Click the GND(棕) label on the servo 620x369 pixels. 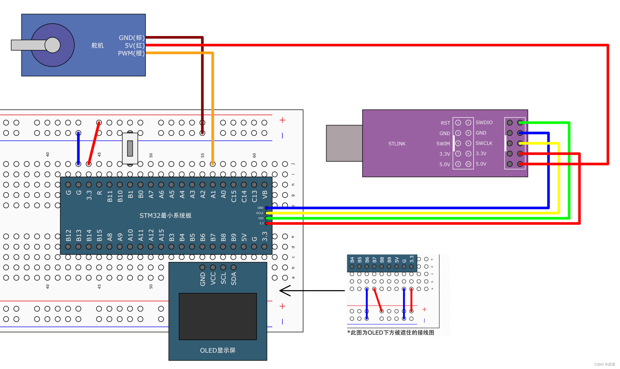tap(131, 38)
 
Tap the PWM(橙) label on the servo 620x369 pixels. tap(131, 53)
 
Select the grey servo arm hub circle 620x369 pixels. tap(52, 45)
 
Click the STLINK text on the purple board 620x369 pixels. tap(397, 144)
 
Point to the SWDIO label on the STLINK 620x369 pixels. tap(484, 123)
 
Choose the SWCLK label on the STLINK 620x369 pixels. tap(484, 143)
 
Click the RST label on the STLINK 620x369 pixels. tap(445, 123)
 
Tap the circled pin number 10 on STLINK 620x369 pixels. tap(468, 164)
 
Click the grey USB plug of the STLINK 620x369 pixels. tap(344, 143)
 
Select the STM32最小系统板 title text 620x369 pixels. tap(165, 215)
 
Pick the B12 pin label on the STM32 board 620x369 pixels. tap(69, 235)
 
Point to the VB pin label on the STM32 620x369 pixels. tap(264, 194)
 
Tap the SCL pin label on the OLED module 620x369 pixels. tap(223, 278)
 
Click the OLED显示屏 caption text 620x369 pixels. tap(218, 350)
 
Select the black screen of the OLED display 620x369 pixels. tap(218, 316)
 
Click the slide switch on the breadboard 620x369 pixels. tap(130, 148)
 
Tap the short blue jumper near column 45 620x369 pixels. tap(78, 148)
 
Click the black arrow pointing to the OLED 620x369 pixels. tap(312, 291)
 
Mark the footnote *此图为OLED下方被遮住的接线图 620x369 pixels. tap(391, 333)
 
